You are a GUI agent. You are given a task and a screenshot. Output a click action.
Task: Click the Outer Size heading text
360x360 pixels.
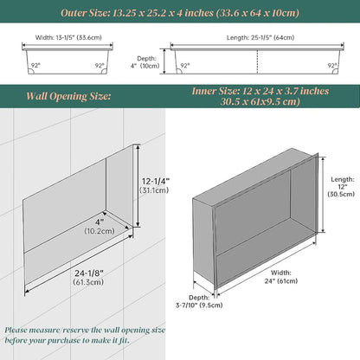coord(180,13)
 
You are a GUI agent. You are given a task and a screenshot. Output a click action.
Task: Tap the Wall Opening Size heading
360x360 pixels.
coord(68,96)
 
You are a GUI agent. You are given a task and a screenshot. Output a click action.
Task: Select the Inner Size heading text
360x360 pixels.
coord(260,96)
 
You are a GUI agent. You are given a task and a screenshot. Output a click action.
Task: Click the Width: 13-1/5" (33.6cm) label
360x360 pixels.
coord(68,37)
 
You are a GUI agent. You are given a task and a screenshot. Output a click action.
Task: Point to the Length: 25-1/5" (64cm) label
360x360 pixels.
coord(260,37)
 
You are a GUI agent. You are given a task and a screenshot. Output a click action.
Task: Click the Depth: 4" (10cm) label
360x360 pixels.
coord(145,62)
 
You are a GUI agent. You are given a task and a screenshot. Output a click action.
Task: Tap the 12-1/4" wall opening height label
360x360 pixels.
coord(155,185)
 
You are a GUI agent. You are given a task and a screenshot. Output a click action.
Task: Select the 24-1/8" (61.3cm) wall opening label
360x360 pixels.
coord(89,277)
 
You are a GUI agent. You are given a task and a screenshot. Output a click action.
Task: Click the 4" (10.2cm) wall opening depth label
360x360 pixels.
coord(100,227)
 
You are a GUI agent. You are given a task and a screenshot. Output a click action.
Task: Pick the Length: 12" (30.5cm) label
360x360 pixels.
coord(341,187)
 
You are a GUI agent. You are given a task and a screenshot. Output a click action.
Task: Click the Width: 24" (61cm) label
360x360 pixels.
coord(281,277)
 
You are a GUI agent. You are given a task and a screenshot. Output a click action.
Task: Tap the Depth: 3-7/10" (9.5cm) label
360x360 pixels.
coord(199,301)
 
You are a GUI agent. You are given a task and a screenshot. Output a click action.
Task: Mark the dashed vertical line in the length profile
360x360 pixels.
coord(257,61)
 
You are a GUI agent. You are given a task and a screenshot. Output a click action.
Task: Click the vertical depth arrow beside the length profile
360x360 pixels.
coord(164,61)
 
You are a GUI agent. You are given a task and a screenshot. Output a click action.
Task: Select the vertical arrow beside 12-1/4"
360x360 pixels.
coord(138,186)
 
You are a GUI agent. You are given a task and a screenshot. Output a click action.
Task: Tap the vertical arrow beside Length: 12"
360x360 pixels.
coord(323,195)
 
